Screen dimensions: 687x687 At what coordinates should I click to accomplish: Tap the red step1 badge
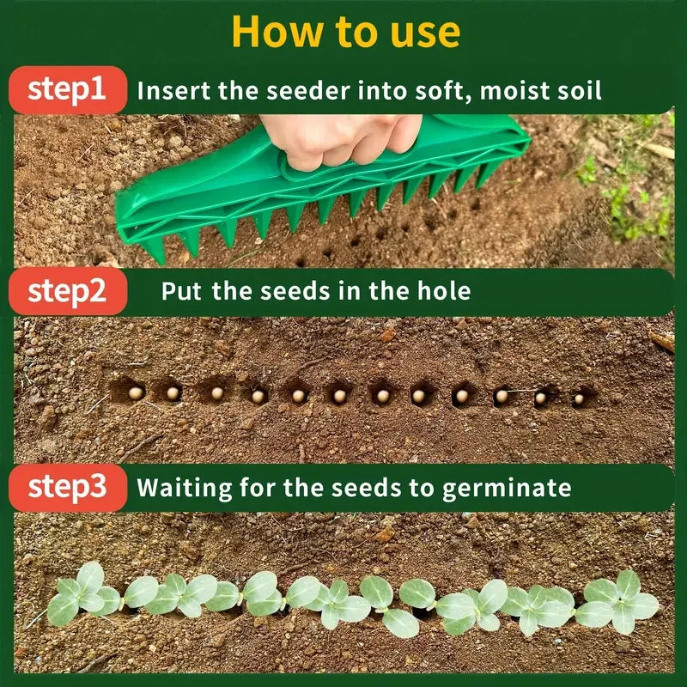point(67,89)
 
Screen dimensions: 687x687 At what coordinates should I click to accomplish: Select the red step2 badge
point(67,291)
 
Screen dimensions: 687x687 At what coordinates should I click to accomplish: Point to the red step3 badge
point(67,487)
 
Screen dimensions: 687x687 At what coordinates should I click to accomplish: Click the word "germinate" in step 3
point(506,489)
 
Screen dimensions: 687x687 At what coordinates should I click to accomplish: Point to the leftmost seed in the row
point(135,392)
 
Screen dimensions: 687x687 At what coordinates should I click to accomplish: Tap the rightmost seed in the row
point(581,398)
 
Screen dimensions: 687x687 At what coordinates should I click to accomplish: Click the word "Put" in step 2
point(180,291)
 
